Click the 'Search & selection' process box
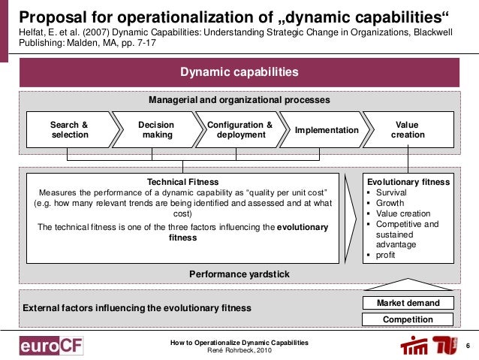[x=69, y=130]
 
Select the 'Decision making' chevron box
[x=156, y=130]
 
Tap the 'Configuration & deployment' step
[x=239, y=130]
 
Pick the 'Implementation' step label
[x=327, y=130]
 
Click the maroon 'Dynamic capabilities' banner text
[x=239, y=72]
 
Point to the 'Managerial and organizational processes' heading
[x=239, y=99]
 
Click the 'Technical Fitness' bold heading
[x=183, y=182]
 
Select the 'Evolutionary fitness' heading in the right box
[x=408, y=182]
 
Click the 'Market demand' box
[x=408, y=303]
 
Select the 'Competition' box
[x=408, y=319]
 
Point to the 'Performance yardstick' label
[x=239, y=274]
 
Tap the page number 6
[x=467, y=346]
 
